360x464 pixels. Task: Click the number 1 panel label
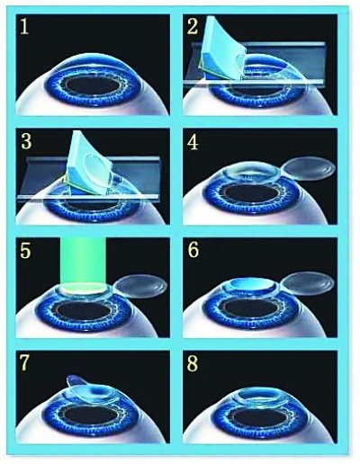coord(24,27)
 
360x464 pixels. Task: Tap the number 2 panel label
coord(193,26)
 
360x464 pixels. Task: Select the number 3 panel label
coord(26,141)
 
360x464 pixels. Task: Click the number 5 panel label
coord(25,250)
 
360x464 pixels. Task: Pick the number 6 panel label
coord(193,250)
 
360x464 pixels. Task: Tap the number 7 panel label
coord(24,363)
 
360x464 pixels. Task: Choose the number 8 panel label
coord(193,363)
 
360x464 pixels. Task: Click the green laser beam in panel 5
coord(83,262)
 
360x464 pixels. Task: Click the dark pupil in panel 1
coord(94,85)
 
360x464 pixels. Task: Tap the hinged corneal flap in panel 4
coord(309,169)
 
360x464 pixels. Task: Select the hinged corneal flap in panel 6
coord(309,283)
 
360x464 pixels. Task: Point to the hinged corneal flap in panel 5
coord(141,286)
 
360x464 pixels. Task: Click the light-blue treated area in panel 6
coord(250,282)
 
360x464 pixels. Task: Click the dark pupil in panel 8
coord(260,417)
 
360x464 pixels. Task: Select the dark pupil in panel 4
coord(253,193)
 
